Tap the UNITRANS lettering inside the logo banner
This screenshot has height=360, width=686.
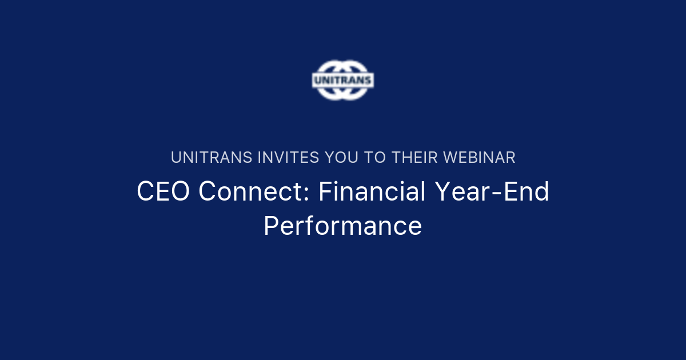[342, 80]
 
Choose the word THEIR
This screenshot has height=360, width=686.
[414, 158]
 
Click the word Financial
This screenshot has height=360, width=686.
[372, 192]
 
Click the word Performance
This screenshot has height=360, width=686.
[342, 226]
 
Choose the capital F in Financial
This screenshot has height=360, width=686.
[325, 192]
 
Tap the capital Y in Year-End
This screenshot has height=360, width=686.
[442, 192]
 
